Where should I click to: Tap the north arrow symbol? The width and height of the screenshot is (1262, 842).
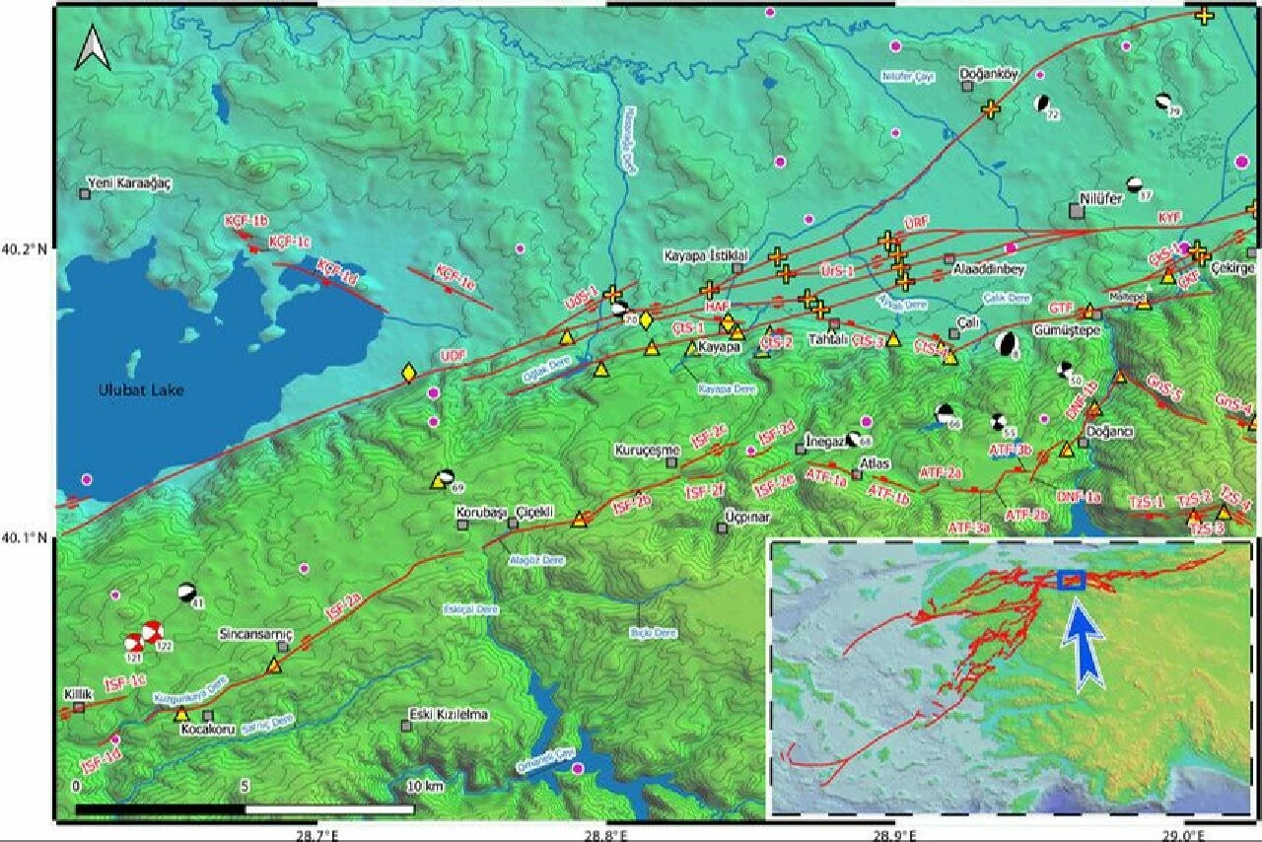pos(92,48)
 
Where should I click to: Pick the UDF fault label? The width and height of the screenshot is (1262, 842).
pos(452,356)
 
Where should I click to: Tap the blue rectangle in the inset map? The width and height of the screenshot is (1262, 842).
pos(1071,580)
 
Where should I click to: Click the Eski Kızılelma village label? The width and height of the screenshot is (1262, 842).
pos(449,715)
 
